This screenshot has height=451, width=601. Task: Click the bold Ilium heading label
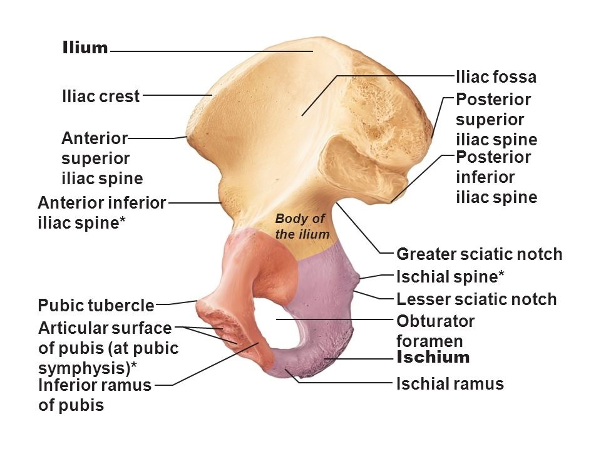[85, 48]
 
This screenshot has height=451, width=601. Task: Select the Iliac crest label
[101, 97]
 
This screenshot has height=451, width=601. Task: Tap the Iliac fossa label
[496, 77]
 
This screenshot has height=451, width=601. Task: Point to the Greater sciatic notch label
[480, 254]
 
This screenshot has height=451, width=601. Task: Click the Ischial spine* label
[451, 276]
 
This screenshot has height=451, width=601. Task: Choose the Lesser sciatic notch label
[476, 299]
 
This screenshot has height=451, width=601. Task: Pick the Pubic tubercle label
[96, 306]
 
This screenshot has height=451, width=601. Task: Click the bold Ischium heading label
[433, 358]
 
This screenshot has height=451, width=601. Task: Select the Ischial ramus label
[450, 384]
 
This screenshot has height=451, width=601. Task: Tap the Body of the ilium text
[300, 226]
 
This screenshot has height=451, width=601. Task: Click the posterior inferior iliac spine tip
[391, 202]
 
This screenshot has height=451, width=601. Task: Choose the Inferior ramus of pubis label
[95, 395]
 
